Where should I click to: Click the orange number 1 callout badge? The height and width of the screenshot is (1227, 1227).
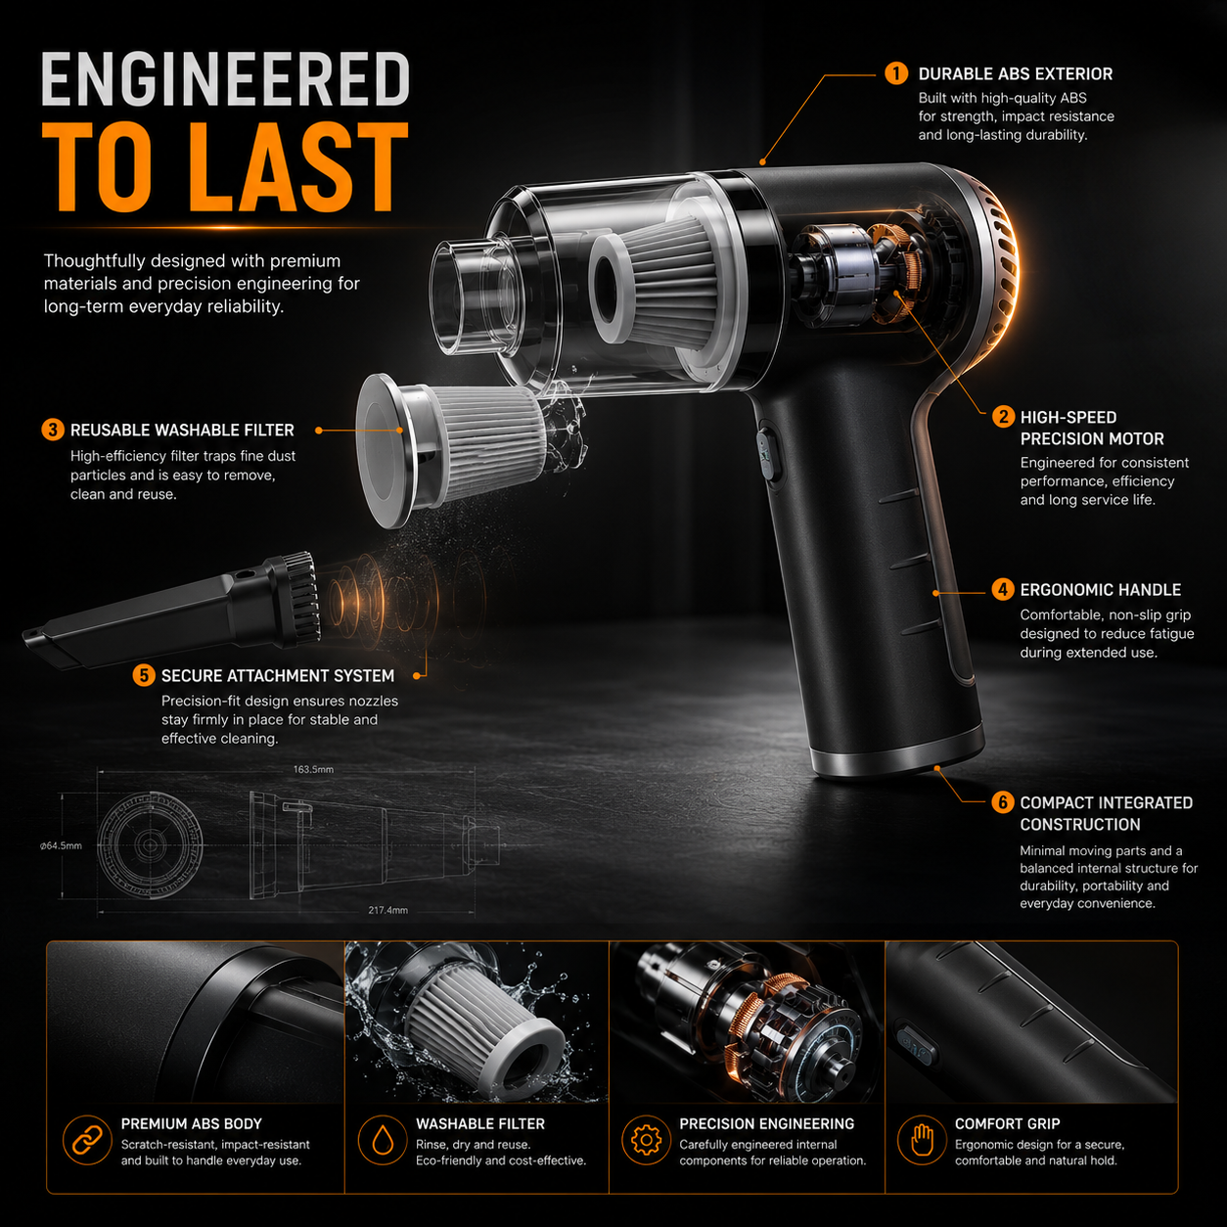tap(896, 73)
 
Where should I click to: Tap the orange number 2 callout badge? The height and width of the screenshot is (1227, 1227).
tap(1003, 417)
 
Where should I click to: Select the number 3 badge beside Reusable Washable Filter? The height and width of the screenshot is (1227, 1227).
tap(53, 430)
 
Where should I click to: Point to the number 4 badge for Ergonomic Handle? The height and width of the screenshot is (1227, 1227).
tap(1003, 590)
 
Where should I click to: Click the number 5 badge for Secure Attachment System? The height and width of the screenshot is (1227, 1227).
tap(144, 675)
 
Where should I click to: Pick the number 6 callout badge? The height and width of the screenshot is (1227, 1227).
tap(1003, 802)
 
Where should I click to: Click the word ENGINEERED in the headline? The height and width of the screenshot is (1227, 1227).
tap(226, 79)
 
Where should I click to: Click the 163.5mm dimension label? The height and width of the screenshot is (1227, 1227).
tap(313, 769)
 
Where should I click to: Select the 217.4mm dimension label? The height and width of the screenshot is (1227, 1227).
tap(387, 910)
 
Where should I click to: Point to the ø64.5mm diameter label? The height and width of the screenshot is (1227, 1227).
tap(61, 845)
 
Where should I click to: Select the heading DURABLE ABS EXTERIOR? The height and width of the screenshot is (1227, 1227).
tap(1015, 73)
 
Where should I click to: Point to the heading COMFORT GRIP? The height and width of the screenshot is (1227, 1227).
tap(1007, 1124)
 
